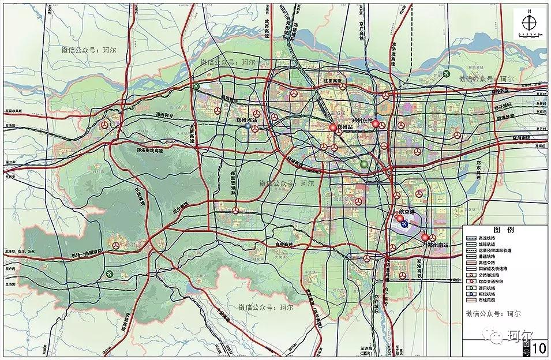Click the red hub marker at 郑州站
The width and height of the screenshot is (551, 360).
[333, 127]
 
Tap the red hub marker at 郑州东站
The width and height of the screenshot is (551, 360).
[376, 123]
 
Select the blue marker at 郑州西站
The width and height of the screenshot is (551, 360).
[248, 126]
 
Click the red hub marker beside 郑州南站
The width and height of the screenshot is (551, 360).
[425, 237]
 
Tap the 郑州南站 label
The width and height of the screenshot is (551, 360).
[441, 245]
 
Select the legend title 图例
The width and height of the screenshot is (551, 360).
[506, 229]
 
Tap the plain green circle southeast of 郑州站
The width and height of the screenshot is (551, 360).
[364, 164]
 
